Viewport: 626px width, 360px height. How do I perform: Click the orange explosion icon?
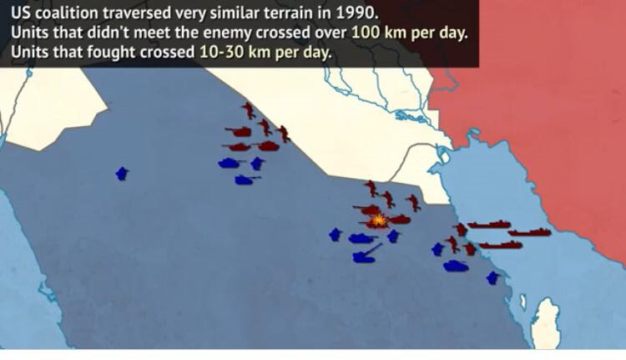pos(377,221)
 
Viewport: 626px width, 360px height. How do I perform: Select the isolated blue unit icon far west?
pos(122,174)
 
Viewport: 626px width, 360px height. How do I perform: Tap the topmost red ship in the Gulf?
pos(488,224)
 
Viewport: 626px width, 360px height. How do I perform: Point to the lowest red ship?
pos(500,245)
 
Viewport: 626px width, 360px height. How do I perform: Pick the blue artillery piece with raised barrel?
pos(366,254)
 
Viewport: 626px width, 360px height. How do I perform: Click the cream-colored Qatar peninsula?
pos(547,323)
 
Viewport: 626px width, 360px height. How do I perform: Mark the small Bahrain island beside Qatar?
pos(523,302)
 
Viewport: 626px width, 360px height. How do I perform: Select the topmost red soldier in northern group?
pos(249,111)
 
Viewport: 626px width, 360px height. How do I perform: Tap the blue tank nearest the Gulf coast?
pos(456,266)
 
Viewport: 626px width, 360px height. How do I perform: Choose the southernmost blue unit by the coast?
pos(493,277)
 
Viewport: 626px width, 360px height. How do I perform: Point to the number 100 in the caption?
pos(366,33)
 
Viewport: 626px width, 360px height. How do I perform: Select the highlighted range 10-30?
pos(221,52)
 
